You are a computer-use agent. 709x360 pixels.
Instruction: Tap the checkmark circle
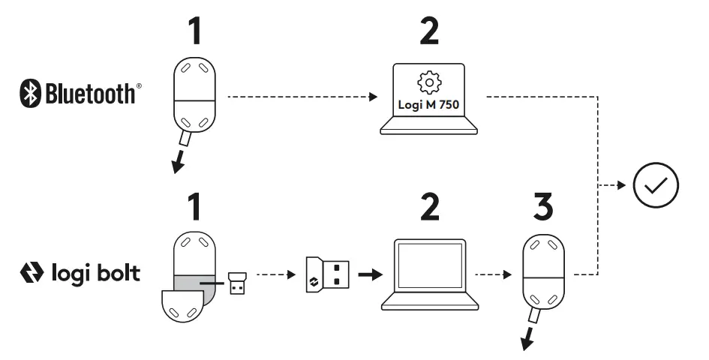(656, 184)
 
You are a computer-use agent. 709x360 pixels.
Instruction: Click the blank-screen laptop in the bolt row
(430, 274)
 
